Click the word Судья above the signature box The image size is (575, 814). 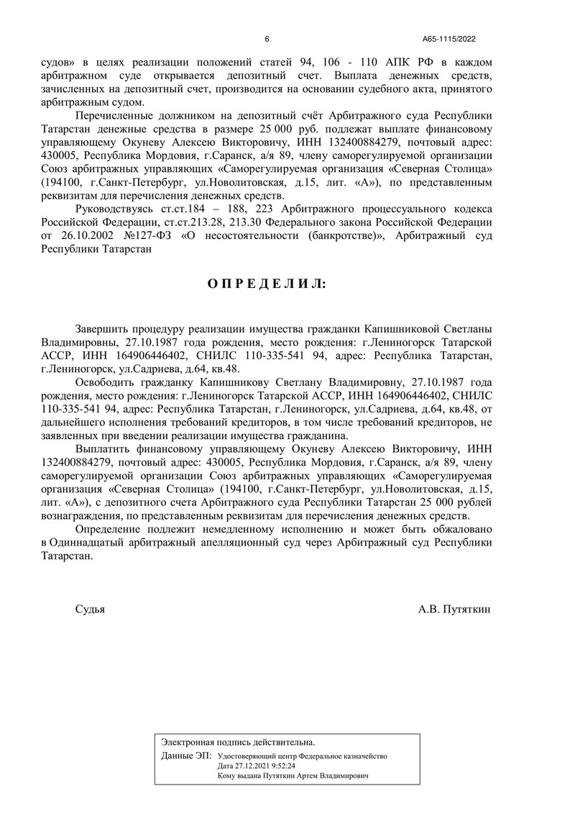point(90,609)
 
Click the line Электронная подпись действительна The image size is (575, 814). point(238,741)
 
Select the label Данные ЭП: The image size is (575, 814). point(186,756)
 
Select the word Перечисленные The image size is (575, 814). point(114,117)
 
